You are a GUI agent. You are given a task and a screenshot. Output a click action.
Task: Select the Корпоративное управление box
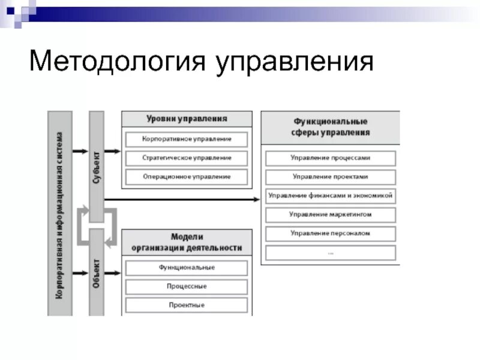[x=187, y=139]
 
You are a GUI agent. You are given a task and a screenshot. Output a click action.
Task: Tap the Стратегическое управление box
[x=187, y=158]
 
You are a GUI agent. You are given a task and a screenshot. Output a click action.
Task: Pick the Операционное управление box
[x=187, y=177]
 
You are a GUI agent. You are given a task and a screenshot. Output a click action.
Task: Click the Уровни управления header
[x=187, y=118]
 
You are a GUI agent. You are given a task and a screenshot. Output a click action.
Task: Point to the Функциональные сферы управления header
[x=331, y=127]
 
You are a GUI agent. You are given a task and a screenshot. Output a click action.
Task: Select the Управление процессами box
[x=331, y=158]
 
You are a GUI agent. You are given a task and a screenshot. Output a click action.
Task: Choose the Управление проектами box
[x=331, y=177]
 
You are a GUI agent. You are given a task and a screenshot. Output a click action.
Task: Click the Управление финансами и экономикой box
[x=331, y=196]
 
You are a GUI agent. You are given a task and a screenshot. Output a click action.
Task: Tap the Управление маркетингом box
[x=331, y=214]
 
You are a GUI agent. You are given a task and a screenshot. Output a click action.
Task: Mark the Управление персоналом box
[x=331, y=233]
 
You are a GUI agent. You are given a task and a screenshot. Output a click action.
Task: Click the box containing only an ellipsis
[x=331, y=252]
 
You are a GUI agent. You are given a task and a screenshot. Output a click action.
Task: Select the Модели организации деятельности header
[x=187, y=242]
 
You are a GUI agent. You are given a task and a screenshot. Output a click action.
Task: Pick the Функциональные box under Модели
[x=187, y=268]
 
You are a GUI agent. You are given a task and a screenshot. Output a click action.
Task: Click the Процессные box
[x=187, y=286]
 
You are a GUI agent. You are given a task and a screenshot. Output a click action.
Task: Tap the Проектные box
[x=187, y=305]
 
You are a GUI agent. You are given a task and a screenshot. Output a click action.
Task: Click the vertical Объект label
[x=96, y=273]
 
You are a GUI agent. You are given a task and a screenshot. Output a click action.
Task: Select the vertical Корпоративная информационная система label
[x=59, y=213]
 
